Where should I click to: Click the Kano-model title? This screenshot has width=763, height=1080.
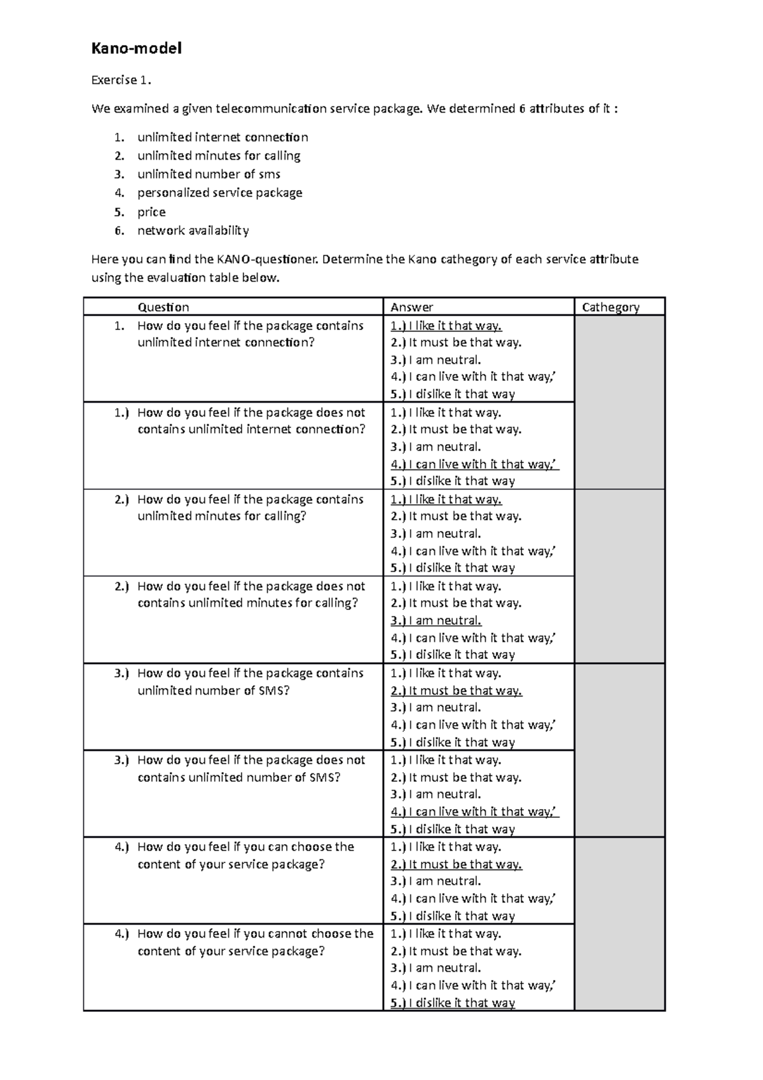(x=137, y=48)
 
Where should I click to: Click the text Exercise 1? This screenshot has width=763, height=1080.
(x=122, y=80)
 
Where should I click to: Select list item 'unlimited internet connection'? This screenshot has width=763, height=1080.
(x=223, y=137)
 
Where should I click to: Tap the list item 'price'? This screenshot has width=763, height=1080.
(x=151, y=212)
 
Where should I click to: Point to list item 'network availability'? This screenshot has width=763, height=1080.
(x=193, y=230)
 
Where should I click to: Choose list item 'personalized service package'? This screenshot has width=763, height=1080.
(x=219, y=193)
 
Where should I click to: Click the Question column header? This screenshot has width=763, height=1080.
(x=163, y=307)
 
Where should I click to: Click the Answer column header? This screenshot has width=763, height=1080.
(x=412, y=307)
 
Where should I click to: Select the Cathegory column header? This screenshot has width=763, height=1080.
(x=610, y=307)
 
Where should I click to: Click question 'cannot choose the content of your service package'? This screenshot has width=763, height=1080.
(x=254, y=942)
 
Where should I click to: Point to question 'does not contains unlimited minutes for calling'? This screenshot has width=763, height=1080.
(x=251, y=595)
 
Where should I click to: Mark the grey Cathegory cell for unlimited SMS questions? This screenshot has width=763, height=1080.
(x=619, y=751)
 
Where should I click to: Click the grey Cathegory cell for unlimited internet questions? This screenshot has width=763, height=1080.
(x=619, y=402)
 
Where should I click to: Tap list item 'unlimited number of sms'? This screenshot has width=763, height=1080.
(x=209, y=174)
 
